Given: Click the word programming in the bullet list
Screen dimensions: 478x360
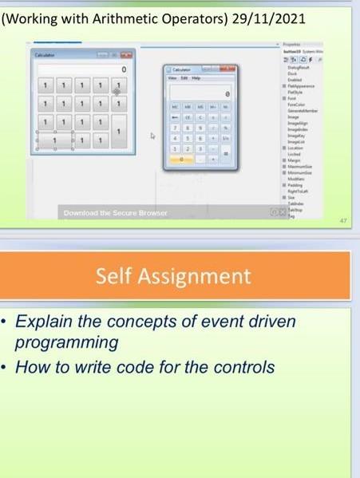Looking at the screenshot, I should [x=73, y=343].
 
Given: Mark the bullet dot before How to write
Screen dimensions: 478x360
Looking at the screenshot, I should [x=10, y=368].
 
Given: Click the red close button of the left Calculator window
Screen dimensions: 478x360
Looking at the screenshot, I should [x=127, y=54].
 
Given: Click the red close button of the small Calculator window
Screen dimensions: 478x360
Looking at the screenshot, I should [x=225, y=70].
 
